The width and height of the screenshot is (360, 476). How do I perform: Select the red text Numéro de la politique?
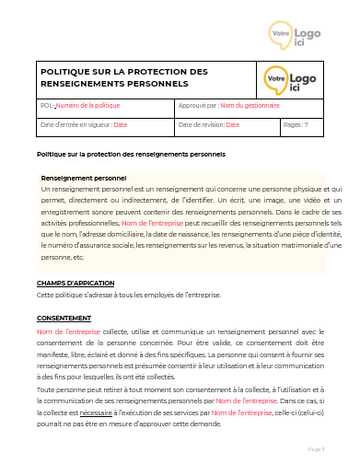click(x=88, y=106)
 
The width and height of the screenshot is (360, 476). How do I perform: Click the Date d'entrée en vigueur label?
click(x=75, y=124)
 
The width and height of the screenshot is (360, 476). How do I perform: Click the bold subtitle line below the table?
click(x=130, y=153)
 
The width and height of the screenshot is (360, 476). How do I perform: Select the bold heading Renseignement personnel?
click(x=84, y=177)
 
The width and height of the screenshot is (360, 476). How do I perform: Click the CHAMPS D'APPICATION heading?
click(x=75, y=283)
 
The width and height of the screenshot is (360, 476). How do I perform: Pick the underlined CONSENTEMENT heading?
click(x=64, y=319)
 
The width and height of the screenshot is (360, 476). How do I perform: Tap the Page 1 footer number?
click(x=316, y=448)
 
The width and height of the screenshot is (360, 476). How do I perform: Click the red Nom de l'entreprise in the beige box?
click(x=152, y=223)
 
